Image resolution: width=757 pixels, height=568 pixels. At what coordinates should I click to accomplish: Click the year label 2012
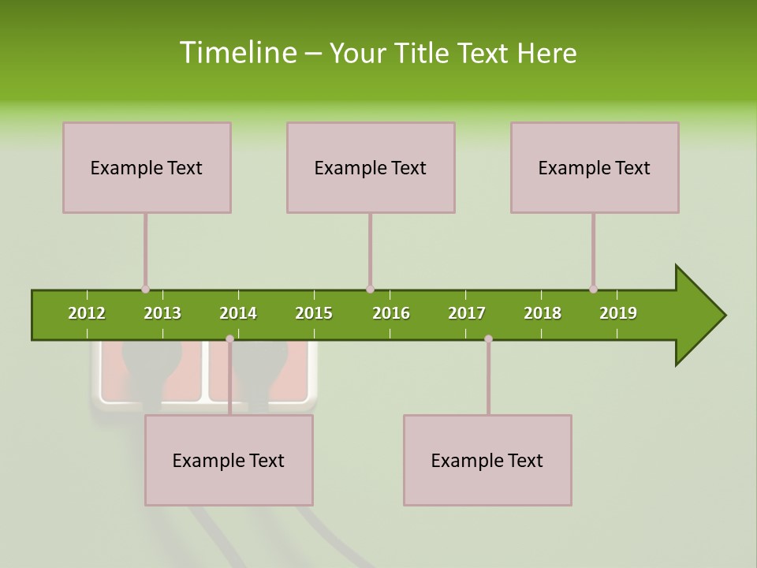point(87,313)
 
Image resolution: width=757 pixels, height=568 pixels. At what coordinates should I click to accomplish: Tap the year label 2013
point(162,313)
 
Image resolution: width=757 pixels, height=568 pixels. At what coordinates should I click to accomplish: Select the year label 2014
point(238,313)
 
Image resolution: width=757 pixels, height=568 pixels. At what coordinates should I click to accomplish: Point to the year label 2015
point(314,313)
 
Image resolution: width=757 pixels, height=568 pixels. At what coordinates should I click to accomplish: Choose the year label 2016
point(391,313)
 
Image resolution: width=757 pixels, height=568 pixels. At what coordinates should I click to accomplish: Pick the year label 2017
point(467,313)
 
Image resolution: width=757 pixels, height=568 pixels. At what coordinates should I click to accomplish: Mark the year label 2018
point(543,313)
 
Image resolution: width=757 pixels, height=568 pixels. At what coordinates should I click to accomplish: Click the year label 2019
point(618,313)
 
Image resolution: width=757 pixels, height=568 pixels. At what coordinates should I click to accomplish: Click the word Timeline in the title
point(237,53)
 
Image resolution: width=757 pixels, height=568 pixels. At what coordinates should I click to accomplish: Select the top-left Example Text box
point(147,167)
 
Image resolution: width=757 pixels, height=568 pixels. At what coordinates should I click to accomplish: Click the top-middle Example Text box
point(371,167)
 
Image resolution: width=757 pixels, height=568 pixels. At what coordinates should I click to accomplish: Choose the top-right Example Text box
point(595,167)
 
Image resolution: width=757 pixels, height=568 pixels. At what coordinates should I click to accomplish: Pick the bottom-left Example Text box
point(229,460)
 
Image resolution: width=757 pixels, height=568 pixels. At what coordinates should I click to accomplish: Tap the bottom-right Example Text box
point(487,460)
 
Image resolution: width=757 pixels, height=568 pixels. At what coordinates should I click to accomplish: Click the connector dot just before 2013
point(145,290)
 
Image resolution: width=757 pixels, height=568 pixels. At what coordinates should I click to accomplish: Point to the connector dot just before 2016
point(370,290)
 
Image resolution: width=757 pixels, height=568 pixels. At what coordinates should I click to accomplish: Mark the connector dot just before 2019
point(593,290)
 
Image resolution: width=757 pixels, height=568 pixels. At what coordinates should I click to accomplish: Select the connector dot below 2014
point(229,338)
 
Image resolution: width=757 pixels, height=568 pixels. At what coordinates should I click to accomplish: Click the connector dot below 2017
point(488,338)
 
